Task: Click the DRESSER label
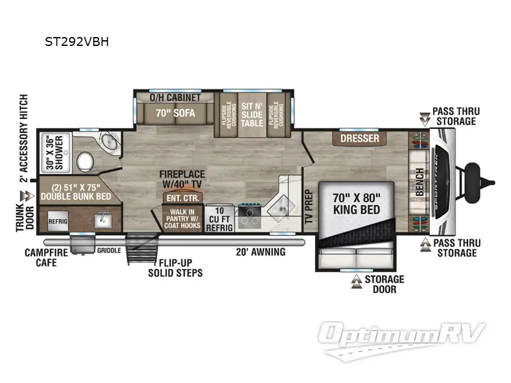360,139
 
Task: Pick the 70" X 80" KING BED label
356,204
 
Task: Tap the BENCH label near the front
420,182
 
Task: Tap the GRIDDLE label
109,250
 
